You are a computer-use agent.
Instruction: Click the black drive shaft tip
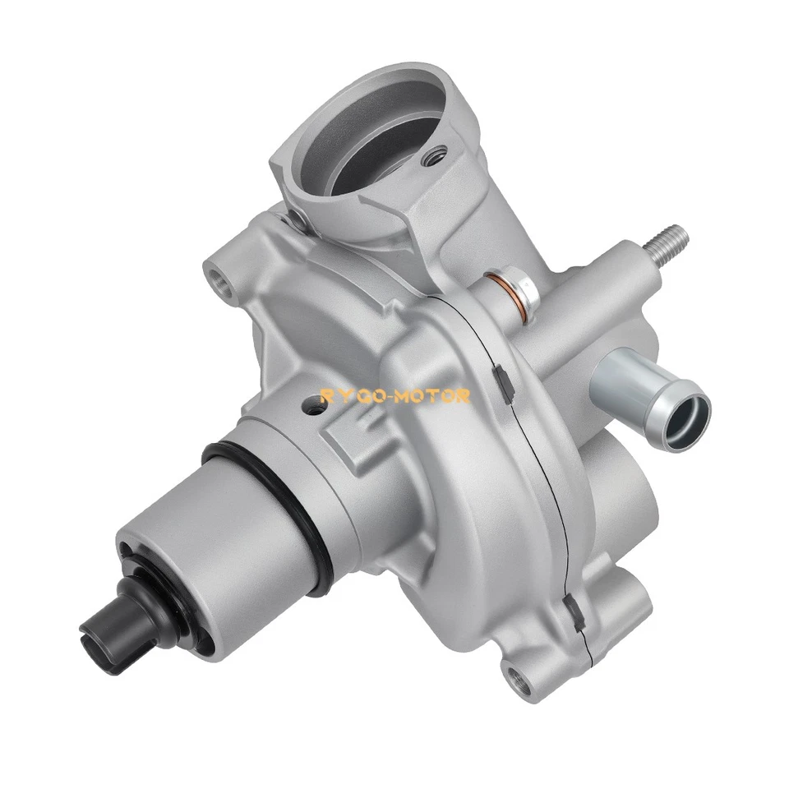click(x=110, y=624)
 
